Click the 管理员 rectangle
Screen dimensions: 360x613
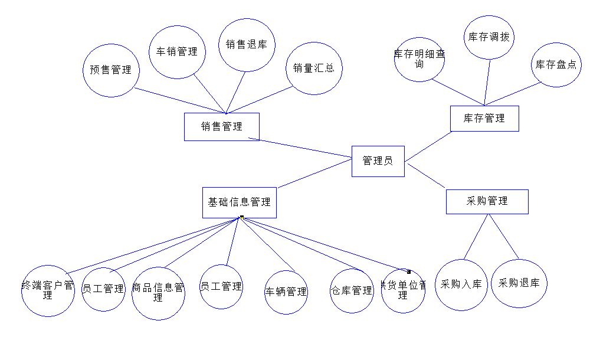point(378,161)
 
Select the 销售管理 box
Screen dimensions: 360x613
point(221,126)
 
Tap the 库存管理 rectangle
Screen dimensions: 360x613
point(484,118)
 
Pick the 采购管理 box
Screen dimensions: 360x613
point(487,201)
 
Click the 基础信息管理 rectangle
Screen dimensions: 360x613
point(239,202)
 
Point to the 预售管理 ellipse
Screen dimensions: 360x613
point(110,70)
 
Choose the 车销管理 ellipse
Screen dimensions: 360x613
point(177,52)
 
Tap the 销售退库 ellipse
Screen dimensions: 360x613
point(247,45)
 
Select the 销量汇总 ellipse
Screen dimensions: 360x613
point(314,68)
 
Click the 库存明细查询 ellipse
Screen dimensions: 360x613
point(419,60)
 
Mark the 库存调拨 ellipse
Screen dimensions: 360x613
point(489,37)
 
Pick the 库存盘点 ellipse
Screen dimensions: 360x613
point(556,65)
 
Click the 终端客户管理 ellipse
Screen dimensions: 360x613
point(48,290)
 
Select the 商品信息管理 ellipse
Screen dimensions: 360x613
point(158,293)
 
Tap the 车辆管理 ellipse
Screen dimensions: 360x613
point(286,292)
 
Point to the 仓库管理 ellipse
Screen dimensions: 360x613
point(352,290)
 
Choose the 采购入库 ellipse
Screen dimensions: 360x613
point(461,284)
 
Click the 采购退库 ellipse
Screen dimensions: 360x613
point(519,283)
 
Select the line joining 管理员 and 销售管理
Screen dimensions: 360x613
point(306,148)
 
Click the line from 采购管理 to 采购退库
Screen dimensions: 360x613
point(503,236)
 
